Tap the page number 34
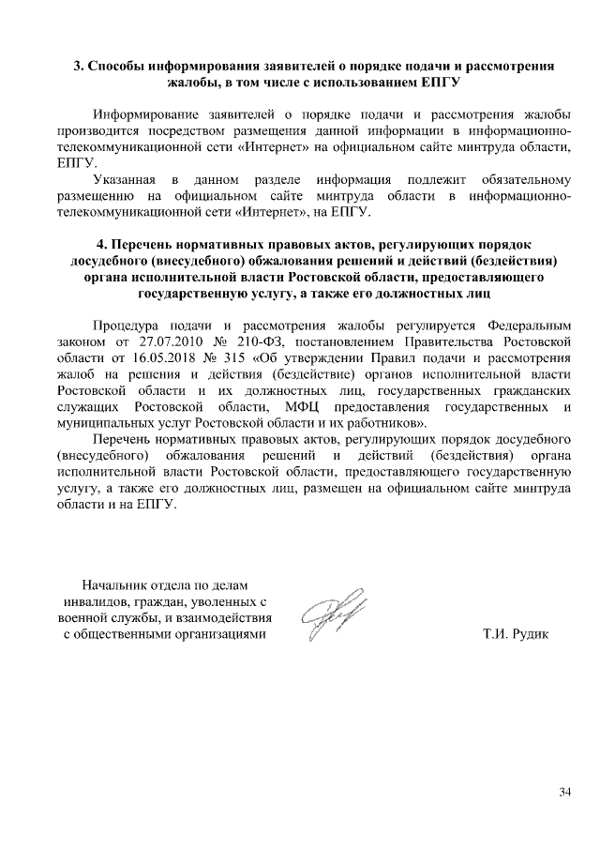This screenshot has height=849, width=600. tap(563, 793)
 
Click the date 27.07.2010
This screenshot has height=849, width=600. tap(162, 339)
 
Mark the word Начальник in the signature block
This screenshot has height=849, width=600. tap(117, 584)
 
